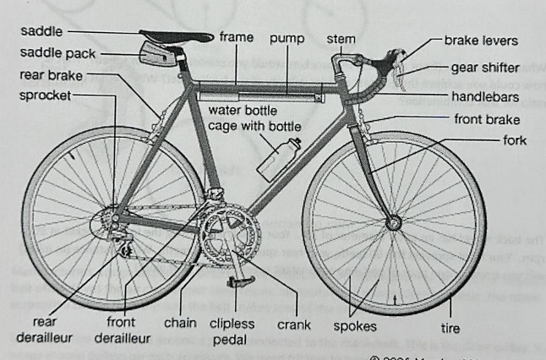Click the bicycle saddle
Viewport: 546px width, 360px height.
[177, 35]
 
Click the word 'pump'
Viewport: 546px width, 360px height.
[287, 38]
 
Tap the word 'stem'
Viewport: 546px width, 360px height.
[341, 39]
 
